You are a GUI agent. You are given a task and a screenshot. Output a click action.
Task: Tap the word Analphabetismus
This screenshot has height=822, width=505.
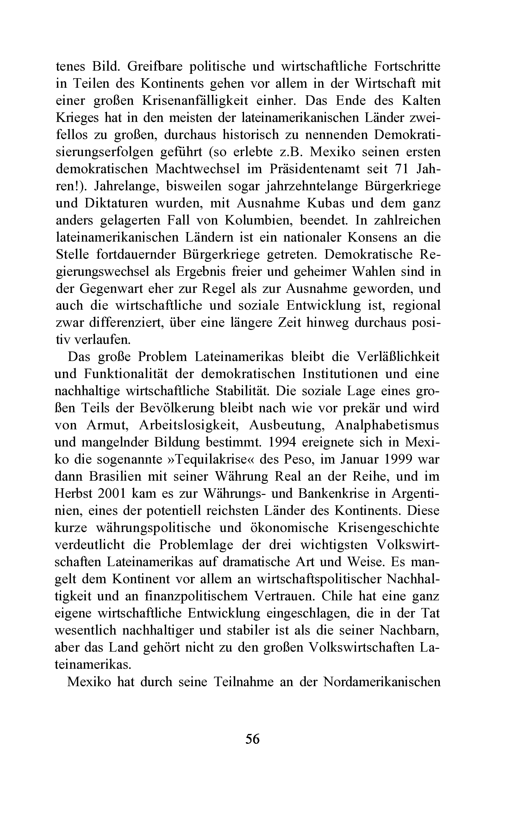pos(387,425)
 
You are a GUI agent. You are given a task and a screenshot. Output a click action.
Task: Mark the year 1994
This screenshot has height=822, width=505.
pos(282,442)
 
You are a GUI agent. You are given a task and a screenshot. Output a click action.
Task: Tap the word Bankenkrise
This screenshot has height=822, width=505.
pos(334,494)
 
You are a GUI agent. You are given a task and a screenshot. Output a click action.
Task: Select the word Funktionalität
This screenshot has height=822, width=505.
pos(126,374)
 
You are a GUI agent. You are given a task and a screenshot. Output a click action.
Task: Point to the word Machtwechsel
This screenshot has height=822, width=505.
pos(197,169)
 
